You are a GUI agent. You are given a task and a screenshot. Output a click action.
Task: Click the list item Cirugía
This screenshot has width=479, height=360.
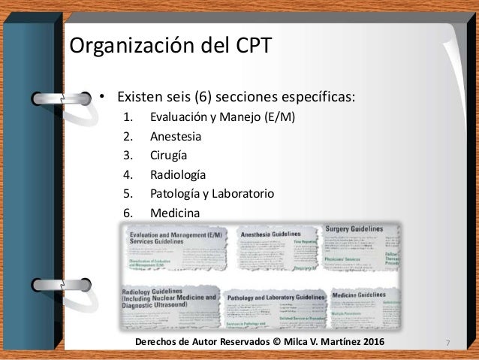tap(170, 156)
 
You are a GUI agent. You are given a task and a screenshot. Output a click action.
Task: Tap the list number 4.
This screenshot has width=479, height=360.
tap(127, 176)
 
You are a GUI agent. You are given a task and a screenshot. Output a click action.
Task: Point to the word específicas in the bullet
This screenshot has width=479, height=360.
tap(316, 98)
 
